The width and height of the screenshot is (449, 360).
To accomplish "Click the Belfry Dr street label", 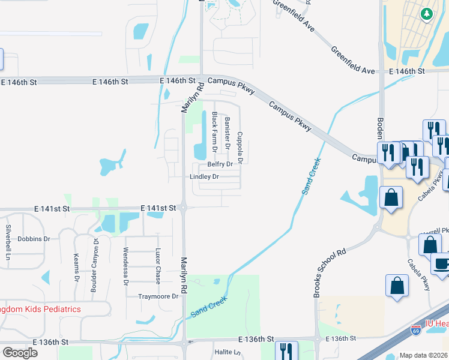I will point(220,164).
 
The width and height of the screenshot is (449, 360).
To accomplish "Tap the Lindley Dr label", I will point(204,177).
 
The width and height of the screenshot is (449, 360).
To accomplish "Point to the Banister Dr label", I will point(228,133).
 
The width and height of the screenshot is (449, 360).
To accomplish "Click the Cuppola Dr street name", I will point(240,148).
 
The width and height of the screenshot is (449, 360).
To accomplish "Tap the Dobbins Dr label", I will point(34,239).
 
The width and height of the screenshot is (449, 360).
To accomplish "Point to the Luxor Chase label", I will point(158,265).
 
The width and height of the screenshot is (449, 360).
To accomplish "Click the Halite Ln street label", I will point(228,353).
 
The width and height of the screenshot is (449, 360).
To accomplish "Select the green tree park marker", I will point(427,13).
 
